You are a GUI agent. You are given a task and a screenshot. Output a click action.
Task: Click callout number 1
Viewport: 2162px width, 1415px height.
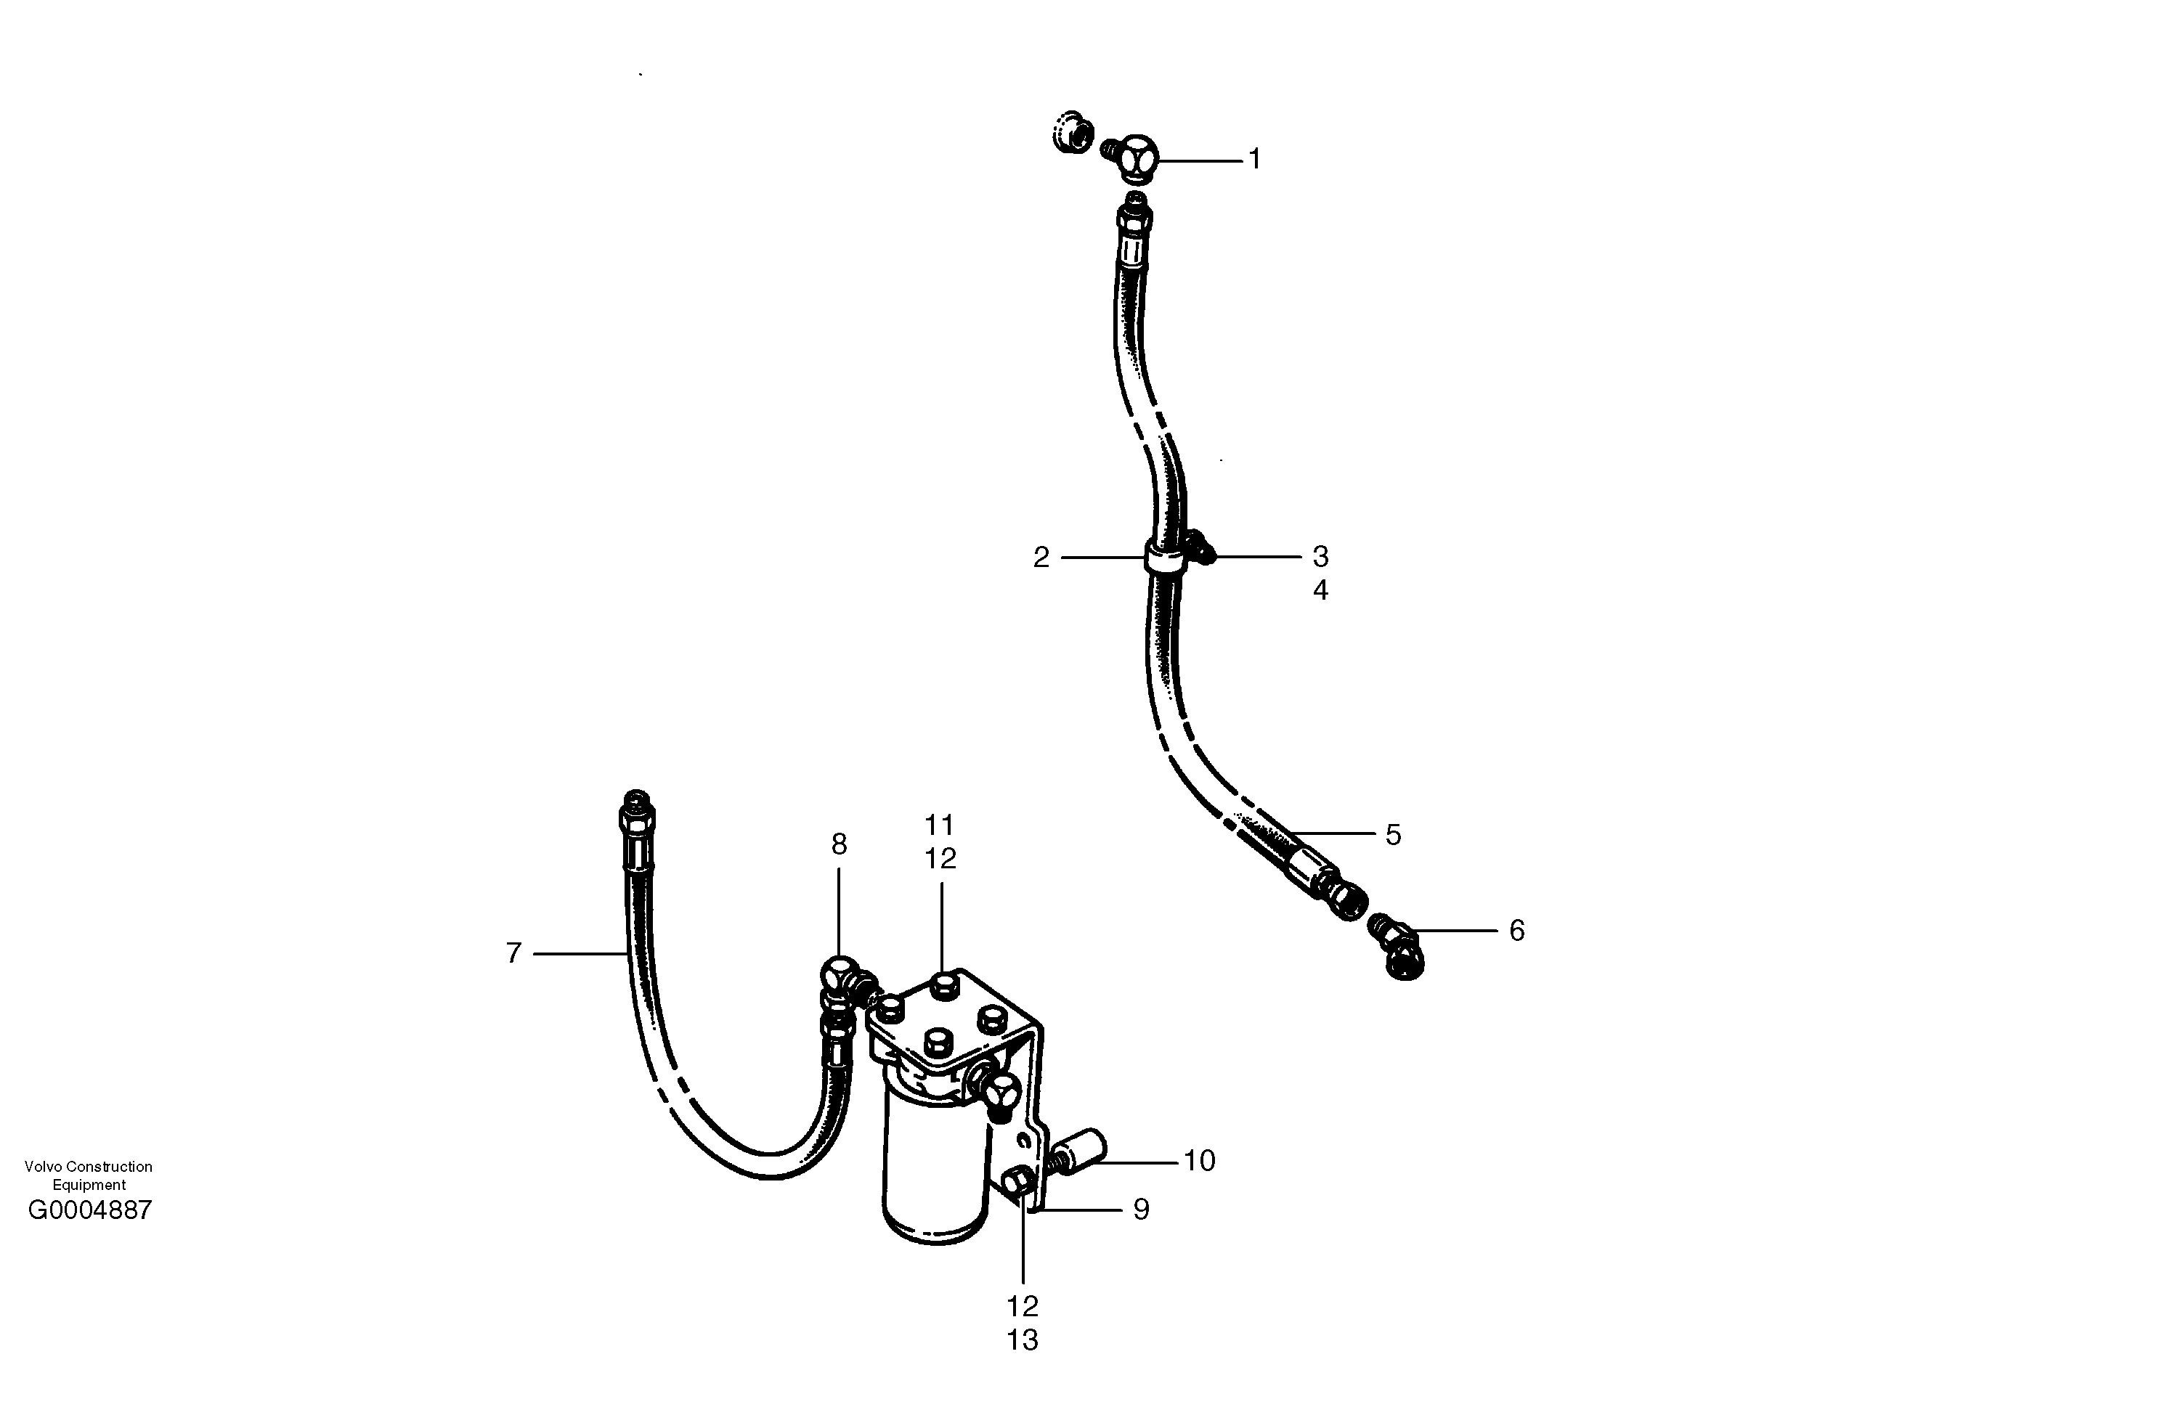[x=1254, y=160]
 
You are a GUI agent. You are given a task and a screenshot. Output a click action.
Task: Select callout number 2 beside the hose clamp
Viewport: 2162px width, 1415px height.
[x=1041, y=558]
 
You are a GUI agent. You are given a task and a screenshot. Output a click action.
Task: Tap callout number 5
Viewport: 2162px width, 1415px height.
[x=1393, y=835]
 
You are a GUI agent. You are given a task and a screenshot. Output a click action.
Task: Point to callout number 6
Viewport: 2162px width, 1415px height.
[x=1516, y=931]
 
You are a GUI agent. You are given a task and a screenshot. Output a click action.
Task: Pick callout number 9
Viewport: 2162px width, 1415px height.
[x=1141, y=1210]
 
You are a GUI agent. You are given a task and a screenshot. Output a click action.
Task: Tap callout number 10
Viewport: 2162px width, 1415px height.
[x=1199, y=1161]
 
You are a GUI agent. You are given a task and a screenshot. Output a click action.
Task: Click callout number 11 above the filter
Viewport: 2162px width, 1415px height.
[x=939, y=825]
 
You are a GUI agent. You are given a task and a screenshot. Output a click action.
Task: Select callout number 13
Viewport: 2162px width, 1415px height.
[x=1022, y=1340]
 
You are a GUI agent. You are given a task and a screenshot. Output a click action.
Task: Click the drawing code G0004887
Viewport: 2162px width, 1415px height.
[x=90, y=1211]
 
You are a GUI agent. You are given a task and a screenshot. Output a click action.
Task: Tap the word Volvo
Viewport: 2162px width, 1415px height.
[x=44, y=1167]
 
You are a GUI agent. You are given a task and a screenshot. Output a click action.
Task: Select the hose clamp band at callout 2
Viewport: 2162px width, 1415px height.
[x=1166, y=557]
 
